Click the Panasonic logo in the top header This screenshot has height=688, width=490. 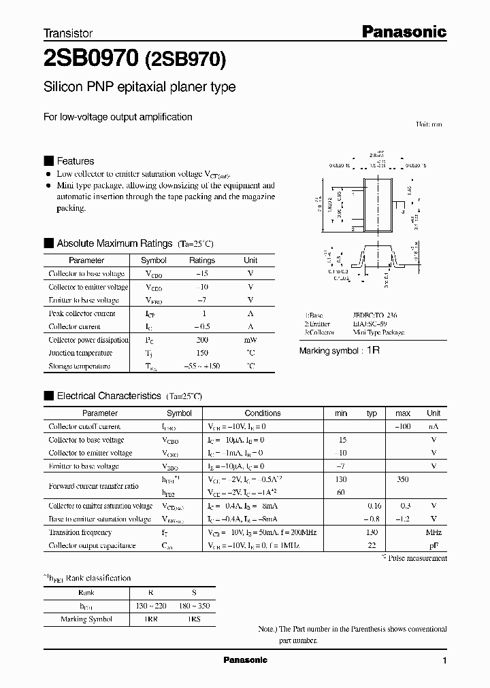402,31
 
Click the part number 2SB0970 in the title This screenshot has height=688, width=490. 91,59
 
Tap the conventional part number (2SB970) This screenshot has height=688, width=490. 185,60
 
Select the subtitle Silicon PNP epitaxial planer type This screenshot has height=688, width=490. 140,87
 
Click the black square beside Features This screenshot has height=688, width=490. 48,161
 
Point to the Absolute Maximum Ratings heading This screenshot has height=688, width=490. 114,243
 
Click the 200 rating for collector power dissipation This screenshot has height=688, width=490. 201,340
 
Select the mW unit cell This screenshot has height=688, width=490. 250,340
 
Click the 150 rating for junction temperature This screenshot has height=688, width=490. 201,353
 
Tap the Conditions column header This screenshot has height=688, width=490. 263,413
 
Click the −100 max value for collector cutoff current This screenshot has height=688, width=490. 402,427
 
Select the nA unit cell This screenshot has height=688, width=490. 433,427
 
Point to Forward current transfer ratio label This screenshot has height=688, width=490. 93,486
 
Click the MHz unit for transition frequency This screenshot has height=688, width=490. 433,532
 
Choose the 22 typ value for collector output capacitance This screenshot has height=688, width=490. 372,546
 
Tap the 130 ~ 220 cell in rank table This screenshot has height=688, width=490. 150,606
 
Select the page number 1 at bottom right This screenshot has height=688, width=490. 444,661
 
